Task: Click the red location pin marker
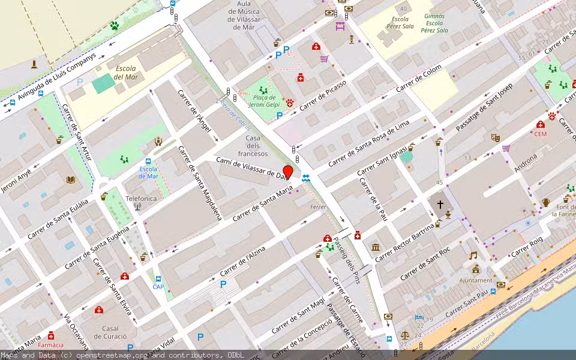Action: coord(287,172)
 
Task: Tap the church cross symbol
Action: coord(440,205)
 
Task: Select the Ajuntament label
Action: coord(475,280)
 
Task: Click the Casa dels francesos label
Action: coord(253,146)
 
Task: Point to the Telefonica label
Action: coord(141,199)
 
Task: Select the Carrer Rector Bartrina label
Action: coord(404,242)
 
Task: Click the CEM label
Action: coord(541,134)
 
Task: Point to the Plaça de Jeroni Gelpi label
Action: coord(265,101)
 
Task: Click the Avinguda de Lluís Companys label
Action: coord(57,77)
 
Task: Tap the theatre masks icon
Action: coord(496,137)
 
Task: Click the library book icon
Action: coord(71,179)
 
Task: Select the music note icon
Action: coord(474,255)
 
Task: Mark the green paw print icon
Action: coord(114,26)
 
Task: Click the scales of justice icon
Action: coord(404,337)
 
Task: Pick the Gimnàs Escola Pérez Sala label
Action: coord(434,23)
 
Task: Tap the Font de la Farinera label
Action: coord(564,210)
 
